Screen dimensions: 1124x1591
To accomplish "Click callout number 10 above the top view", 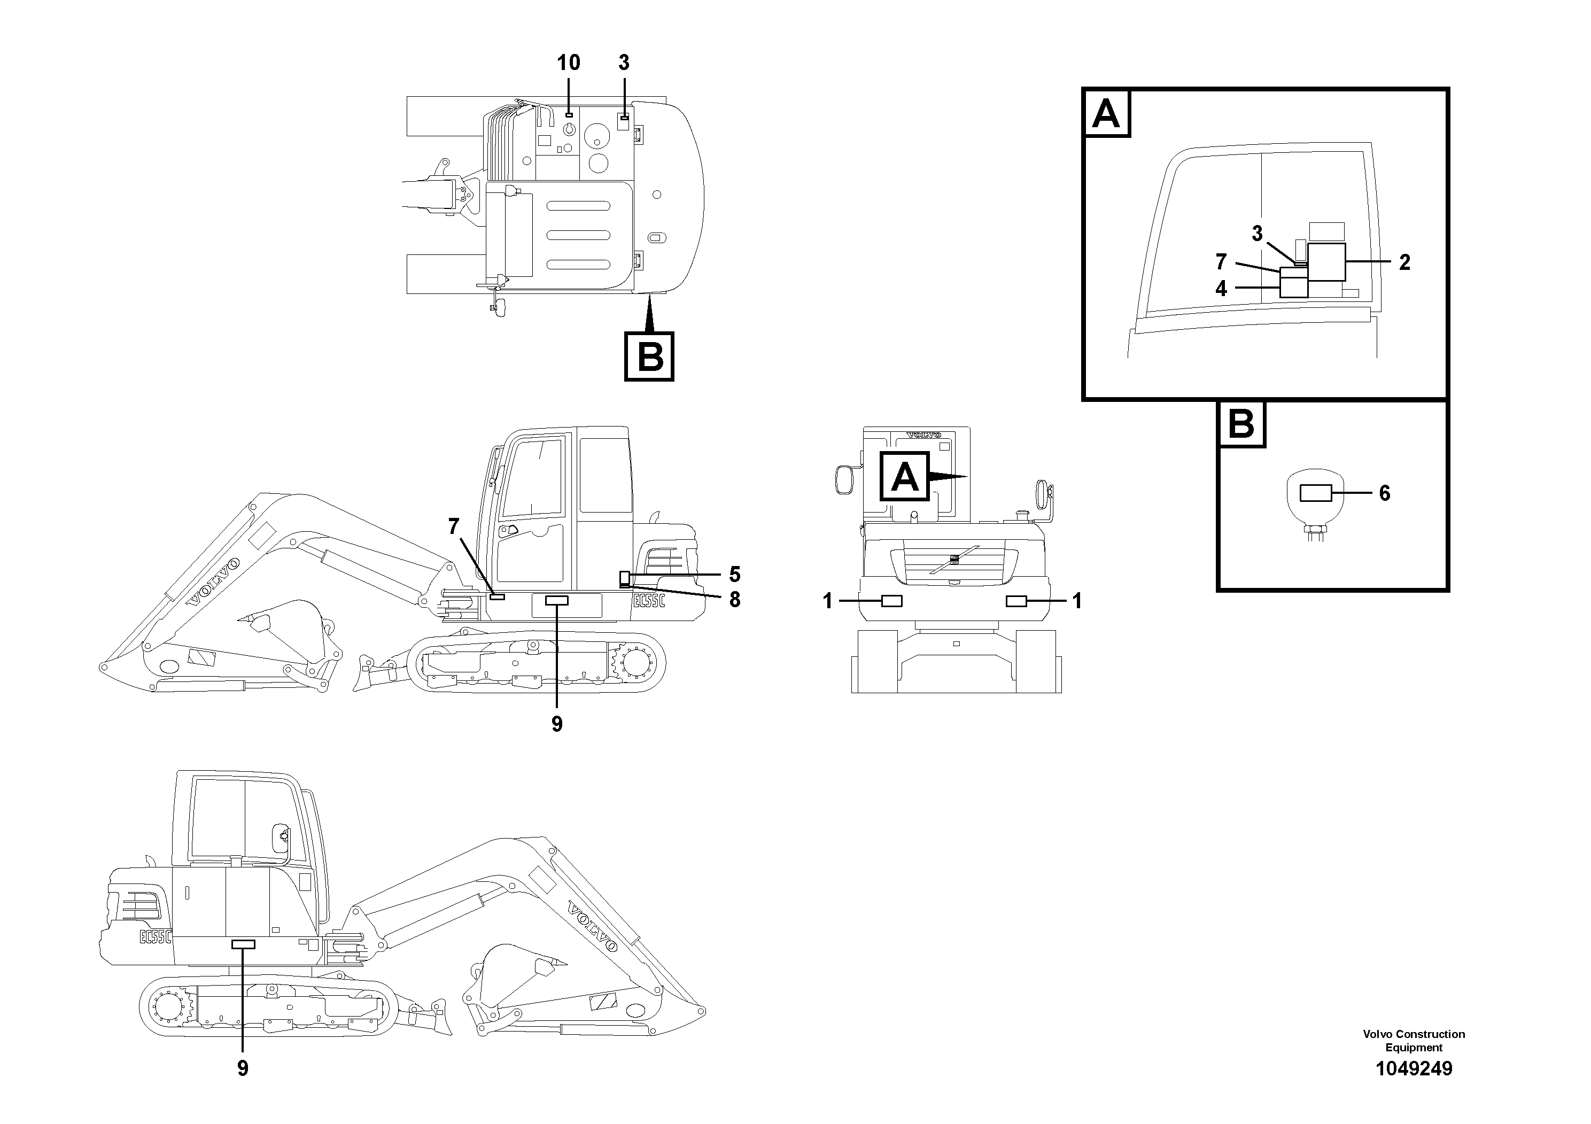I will (x=568, y=63).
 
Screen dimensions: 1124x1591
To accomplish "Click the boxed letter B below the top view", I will (x=649, y=357).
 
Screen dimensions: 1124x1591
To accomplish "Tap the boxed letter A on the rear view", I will (x=904, y=476).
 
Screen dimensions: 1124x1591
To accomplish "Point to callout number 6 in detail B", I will (x=1385, y=493).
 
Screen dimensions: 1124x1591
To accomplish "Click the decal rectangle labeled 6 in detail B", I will (x=1315, y=493).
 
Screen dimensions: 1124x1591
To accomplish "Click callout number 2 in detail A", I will (x=1404, y=262).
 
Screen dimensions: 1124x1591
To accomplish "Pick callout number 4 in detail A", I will (x=1221, y=288).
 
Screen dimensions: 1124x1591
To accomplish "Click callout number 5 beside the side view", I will (x=734, y=575).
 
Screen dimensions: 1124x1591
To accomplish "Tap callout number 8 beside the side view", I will (x=734, y=600).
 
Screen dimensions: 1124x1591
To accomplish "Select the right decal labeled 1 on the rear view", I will (x=1016, y=601).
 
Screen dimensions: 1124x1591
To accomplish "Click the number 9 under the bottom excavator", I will (x=243, y=1068).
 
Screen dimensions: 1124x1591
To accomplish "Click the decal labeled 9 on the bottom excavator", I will (x=243, y=944).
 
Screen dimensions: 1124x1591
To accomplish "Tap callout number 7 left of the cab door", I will (x=454, y=526).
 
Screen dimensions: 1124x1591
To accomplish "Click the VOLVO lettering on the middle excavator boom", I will (x=214, y=582).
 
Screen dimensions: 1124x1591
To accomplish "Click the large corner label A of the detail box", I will (x=1106, y=113).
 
